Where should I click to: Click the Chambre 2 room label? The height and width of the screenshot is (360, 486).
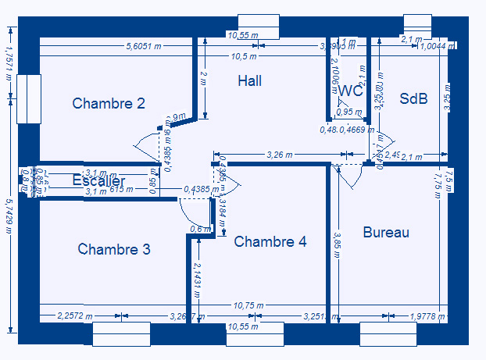point(109,103)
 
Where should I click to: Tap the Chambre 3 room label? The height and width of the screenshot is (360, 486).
point(114,249)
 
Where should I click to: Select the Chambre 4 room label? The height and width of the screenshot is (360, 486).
point(270,241)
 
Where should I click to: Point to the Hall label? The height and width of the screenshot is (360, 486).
point(250,80)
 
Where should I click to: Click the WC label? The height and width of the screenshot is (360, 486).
point(351,91)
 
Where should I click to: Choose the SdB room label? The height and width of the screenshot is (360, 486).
point(413,98)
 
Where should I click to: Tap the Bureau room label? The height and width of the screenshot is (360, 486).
point(386,232)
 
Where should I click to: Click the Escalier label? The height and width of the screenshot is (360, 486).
point(98,181)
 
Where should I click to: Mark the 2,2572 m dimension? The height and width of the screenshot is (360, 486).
point(76,316)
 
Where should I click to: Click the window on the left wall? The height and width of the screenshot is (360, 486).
point(28,99)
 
